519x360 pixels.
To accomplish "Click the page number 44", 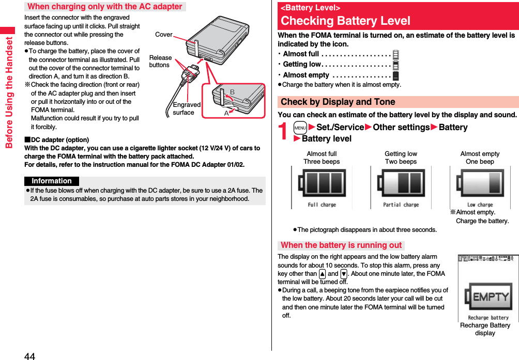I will (x=29, y=355).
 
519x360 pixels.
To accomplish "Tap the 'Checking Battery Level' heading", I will (x=345, y=21).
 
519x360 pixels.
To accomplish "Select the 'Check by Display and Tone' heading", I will (x=338, y=102).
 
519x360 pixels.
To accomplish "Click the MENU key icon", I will (x=300, y=128).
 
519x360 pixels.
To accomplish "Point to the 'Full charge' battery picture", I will (x=322, y=187).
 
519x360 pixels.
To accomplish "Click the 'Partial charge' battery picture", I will (x=401, y=187).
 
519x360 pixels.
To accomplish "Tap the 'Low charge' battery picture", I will (x=480, y=187).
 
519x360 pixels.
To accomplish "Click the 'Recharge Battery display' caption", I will (x=485, y=329).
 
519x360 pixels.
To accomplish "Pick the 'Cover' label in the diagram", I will (x=163, y=35).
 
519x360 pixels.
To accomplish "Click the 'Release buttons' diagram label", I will (x=160, y=61).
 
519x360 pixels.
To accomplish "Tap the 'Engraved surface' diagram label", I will (x=186, y=108).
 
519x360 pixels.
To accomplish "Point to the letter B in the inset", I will (x=232, y=92).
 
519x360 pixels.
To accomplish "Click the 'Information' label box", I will (x=51, y=181).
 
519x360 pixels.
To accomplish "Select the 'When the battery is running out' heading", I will (x=341, y=245).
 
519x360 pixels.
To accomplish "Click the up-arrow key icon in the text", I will (x=322, y=274).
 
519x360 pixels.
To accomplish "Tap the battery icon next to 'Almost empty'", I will (x=395, y=75).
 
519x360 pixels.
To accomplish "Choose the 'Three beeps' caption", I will (x=322, y=162).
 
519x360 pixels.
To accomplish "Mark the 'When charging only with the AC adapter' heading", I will (x=105, y=7).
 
